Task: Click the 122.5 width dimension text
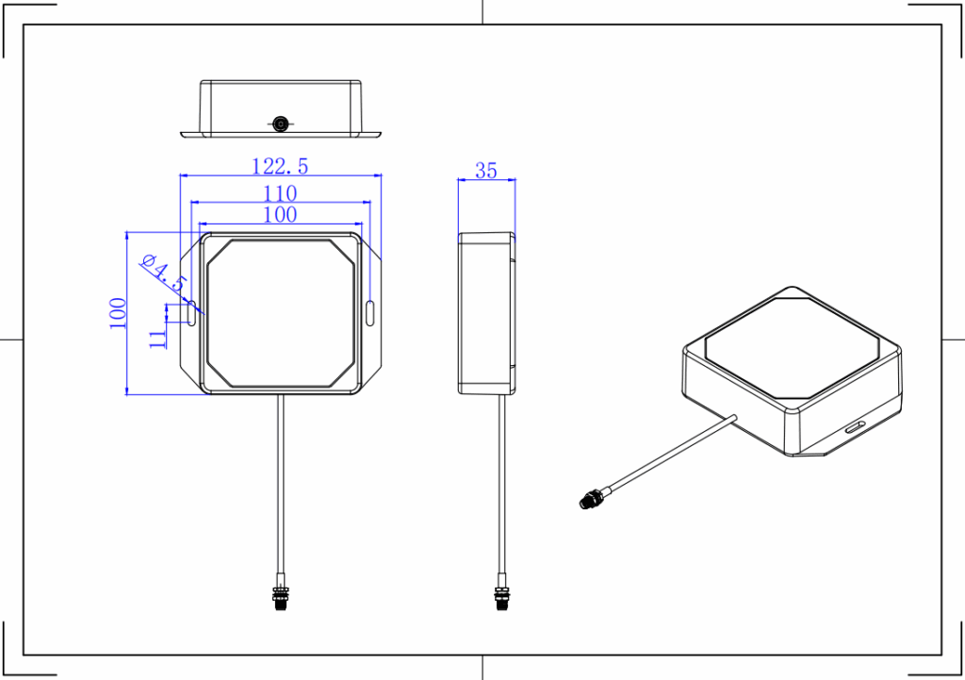point(280,166)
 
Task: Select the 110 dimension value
point(280,193)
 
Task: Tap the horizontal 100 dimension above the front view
point(280,215)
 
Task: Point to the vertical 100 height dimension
point(117,313)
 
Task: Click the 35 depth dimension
point(485,171)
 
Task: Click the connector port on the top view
point(280,124)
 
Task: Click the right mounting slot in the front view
point(369,313)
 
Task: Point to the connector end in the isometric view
point(591,499)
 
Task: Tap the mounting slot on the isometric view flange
point(856,428)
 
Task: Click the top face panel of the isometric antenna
point(792,345)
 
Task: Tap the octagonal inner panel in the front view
point(280,313)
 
